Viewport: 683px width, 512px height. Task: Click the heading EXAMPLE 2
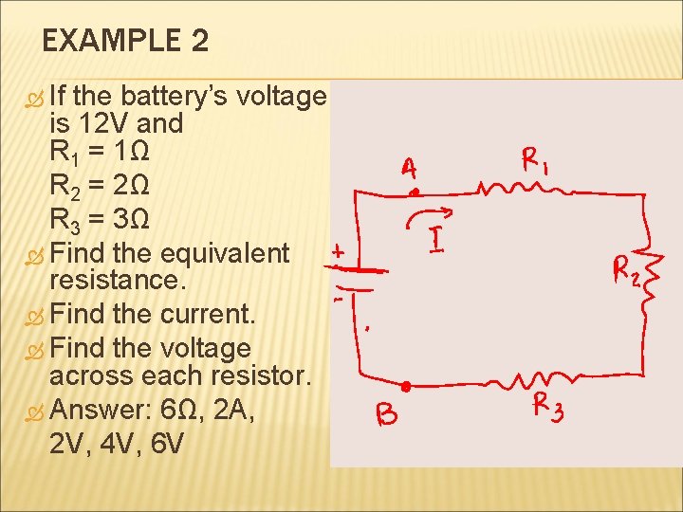(x=126, y=41)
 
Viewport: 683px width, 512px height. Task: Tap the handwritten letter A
(x=408, y=169)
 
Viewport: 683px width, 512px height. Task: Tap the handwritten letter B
(x=387, y=414)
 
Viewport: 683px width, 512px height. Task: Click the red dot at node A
(x=414, y=192)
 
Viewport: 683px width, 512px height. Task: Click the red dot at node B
(x=405, y=387)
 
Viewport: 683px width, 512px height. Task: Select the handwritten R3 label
(x=548, y=409)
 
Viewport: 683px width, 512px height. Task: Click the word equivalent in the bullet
(x=226, y=253)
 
